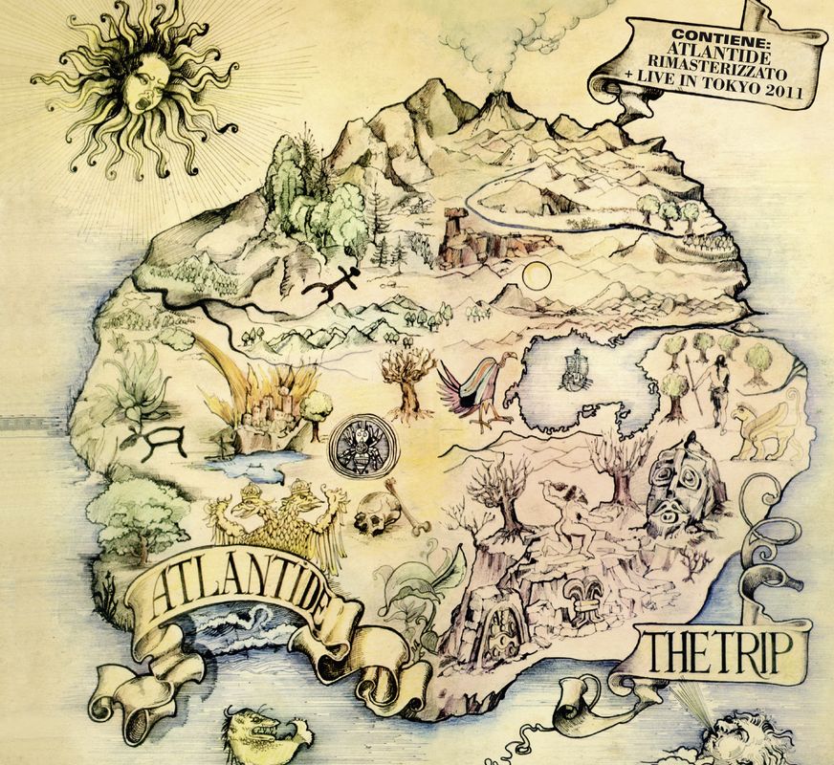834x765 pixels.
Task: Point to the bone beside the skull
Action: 404,508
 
